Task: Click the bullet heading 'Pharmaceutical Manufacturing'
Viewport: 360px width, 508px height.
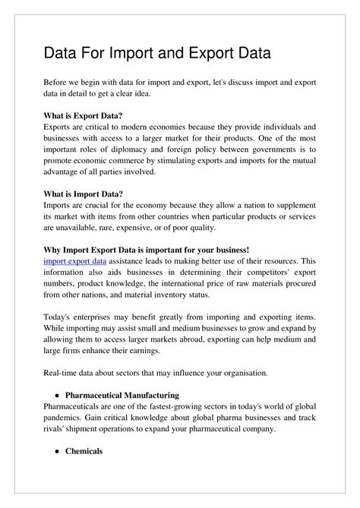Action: [122, 396]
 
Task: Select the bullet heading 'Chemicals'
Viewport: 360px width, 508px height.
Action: [84, 452]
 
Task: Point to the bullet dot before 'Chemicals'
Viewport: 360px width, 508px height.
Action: [58, 452]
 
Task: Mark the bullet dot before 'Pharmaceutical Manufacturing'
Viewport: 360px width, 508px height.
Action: [58, 396]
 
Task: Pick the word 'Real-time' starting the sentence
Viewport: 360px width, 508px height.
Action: [64, 373]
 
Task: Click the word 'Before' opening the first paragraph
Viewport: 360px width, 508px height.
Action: [58, 81]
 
